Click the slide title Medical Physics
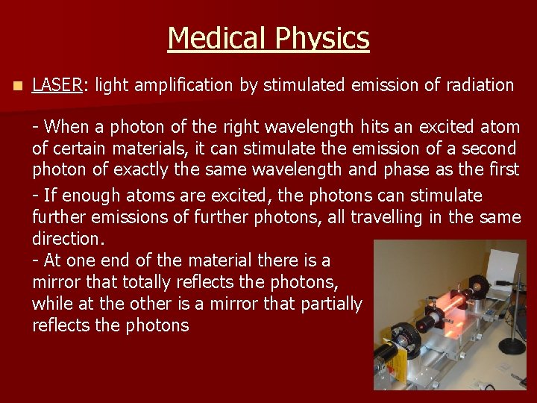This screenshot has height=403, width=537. [x=268, y=38]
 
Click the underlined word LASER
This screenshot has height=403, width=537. [x=57, y=85]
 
